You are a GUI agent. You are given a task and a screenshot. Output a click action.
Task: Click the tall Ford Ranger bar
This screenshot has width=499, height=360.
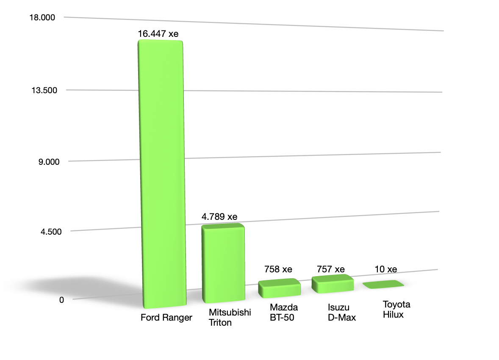(162, 174)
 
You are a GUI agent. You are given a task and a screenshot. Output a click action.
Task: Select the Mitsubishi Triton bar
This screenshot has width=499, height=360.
(223, 263)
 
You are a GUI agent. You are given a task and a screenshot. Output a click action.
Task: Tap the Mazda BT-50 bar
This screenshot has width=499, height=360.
(280, 288)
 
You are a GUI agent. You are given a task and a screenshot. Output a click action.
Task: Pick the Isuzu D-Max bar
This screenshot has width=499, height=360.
(333, 284)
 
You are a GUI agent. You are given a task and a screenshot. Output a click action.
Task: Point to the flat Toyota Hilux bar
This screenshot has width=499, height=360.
(383, 284)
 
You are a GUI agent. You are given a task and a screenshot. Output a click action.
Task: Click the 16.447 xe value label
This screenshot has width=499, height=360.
(158, 34)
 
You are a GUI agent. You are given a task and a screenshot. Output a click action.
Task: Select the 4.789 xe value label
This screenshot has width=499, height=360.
(219, 217)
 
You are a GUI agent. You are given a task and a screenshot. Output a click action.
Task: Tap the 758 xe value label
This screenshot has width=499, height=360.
(278, 269)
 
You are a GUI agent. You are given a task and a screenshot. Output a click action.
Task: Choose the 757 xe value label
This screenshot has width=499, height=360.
(331, 269)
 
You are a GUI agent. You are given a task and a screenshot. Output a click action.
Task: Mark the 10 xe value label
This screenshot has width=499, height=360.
(386, 269)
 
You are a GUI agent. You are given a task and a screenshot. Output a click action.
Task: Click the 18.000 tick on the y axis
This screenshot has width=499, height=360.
(42, 17)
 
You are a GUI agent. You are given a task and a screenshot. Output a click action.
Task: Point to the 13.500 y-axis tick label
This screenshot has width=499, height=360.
(44, 90)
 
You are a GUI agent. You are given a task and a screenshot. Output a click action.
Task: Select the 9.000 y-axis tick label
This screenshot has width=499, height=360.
(49, 162)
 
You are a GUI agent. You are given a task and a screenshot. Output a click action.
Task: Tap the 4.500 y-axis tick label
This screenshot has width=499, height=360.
(51, 232)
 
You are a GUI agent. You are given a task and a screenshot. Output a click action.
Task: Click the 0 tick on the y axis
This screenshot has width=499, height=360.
(62, 300)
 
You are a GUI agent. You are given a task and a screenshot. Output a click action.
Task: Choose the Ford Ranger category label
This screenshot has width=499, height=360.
(166, 318)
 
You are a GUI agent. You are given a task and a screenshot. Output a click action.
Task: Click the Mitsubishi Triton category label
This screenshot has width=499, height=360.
(230, 317)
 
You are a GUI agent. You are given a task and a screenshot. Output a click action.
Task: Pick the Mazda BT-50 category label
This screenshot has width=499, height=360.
(284, 312)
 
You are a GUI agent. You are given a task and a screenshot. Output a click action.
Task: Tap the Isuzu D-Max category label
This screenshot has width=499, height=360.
(342, 312)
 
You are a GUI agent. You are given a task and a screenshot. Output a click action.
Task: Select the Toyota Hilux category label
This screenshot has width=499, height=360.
(396, 310)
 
